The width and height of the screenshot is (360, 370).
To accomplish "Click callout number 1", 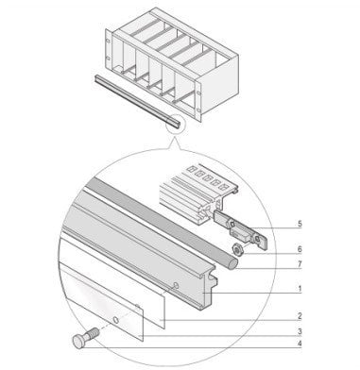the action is (300, 288).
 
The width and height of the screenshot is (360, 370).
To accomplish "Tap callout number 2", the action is (300, 316).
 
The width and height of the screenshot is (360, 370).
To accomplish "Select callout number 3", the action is (300, 331).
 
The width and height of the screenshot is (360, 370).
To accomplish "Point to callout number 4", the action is (300, 344).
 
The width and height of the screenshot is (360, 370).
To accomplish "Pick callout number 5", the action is (300, 224).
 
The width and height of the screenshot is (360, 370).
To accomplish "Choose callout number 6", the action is (300, 249).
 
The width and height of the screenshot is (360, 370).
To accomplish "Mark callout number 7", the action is (300, 263).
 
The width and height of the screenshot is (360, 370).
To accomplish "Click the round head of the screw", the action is (78, 342).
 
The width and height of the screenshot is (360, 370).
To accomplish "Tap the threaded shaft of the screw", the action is (93, 332).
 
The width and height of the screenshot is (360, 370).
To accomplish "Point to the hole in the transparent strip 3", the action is (116, 320).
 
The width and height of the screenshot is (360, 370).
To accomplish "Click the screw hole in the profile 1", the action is (176, 285).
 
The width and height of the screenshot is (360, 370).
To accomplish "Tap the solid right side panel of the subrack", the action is (217, 85).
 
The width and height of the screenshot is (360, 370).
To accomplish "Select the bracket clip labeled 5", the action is (241, 230).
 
